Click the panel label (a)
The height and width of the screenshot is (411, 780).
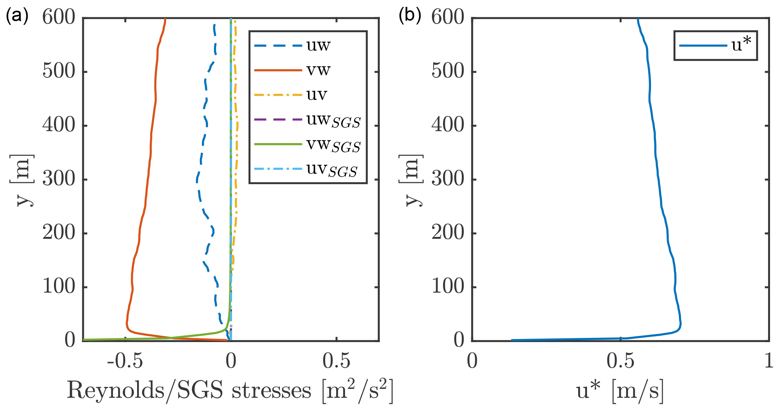pyautogui.click(x=17, y=16)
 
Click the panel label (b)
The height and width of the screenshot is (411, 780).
pyautogui.click(x=410, y=16)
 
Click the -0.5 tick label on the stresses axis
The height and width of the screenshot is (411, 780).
pyautogui.click(x=125, y=361)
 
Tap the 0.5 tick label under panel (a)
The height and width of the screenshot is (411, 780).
pyautogui.click(x=336, y=361)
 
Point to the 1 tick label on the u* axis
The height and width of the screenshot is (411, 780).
pyautogui.click(x=769, y=361)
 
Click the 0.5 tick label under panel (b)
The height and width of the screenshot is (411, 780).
pyautogui.click(x=620, y=361)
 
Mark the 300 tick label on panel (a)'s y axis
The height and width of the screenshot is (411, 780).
pyautogui.click(x=59, y=179)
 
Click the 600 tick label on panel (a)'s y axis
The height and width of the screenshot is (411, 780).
pyautogui.click(x=59, y=18)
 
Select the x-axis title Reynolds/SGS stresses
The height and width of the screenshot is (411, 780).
pyautogui.click(x=230, y=391)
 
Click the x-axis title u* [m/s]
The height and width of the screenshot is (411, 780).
pyautogui.click(x=620, y=391)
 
